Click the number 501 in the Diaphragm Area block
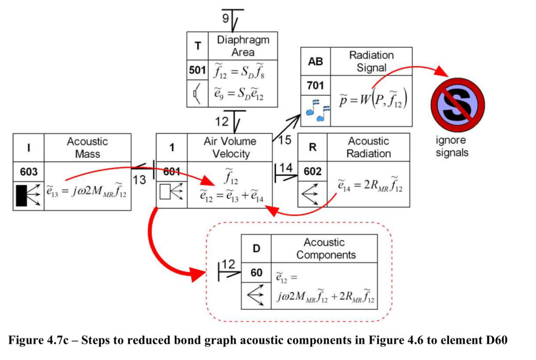[x=197, y=70]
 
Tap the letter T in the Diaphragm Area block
[x=197, y=46]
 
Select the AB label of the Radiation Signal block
[x=315, y=61]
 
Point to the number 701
[x=315, y=85]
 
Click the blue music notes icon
[x=318, y=110]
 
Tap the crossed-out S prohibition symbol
[x=457, y=105]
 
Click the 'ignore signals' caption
[x=452, y=146]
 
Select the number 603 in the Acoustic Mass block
[x=29, y=172]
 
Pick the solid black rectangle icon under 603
[x=21, y=196]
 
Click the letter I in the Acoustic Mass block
[x=29, y=148]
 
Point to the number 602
[x=312, y=171]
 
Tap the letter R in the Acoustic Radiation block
[x=312, y=147]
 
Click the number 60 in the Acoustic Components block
[x=256, y=273]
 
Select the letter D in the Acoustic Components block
[x=256, y=249]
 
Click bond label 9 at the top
[x=226, y=18]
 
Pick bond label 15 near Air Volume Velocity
[x=284, y=140]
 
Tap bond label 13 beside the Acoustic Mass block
[x=139, y=179]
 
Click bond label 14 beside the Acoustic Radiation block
[x=286, y=168]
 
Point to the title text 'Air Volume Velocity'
[x=230, y=147]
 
